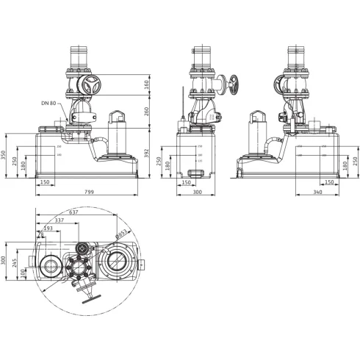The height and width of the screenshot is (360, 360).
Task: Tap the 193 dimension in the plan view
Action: point(48,228)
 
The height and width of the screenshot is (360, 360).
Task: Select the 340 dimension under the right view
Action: point(318,192)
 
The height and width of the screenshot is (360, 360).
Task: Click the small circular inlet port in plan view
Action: point(52,265)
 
